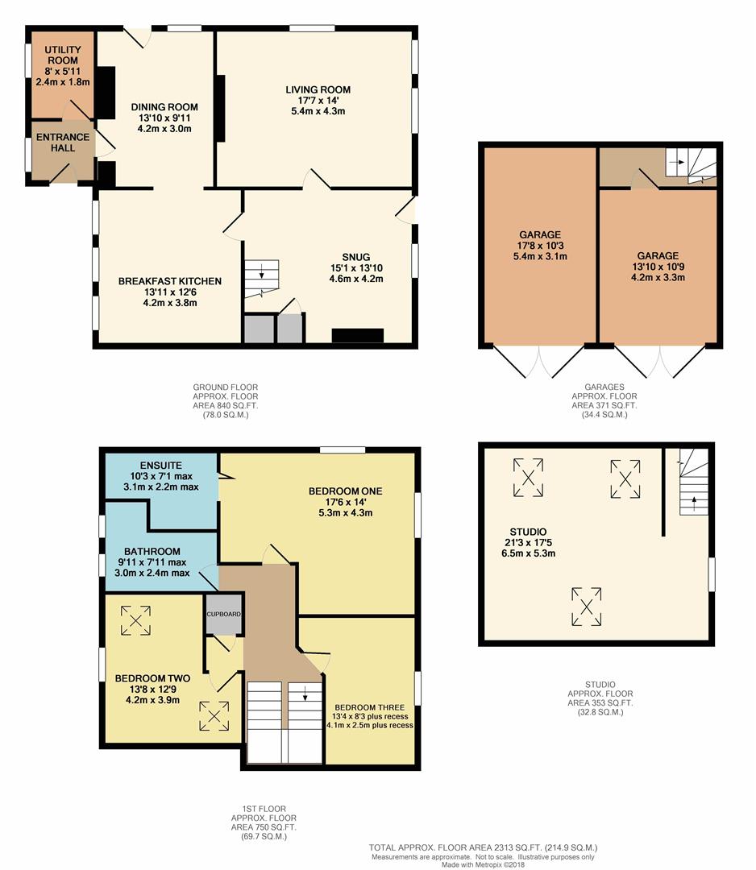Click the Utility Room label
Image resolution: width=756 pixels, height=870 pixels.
click(63, 55)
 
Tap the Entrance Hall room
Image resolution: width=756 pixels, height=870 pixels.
click(63, 151)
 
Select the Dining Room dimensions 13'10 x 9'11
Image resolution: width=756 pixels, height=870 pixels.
click(164, 118)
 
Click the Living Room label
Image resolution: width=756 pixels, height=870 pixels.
click(318, 89)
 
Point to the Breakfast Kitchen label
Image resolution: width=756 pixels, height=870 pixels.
click(170, 281)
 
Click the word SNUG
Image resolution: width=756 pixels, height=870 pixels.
click(355, 257)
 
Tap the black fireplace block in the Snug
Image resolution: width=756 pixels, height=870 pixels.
click(358, 336)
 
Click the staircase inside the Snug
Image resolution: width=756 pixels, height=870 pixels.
click(261, 279)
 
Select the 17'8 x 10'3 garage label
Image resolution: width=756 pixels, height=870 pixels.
click(540, 245)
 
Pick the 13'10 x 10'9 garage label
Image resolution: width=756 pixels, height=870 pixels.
click(658, 267)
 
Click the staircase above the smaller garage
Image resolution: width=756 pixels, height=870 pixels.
click(691, 165)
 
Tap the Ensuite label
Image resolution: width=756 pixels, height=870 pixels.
click(161, 466)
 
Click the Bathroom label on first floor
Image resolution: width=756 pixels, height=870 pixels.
click(152, 552)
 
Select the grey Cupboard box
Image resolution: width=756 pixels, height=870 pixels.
click(224, 614)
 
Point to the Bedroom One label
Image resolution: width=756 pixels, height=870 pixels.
click(345, 491)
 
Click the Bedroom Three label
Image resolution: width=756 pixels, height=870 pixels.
click(370, 707)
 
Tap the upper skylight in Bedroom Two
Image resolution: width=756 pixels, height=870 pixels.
click(135, 620)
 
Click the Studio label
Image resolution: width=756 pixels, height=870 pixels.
click(528, 532)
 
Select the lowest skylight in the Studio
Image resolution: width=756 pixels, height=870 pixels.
click(587, 607)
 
